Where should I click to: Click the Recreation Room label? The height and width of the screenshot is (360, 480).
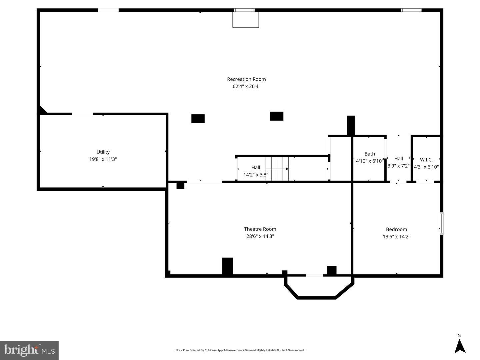click(x=246, y=79)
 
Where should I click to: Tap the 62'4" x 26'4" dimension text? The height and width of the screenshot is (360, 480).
click(x=246, y=87)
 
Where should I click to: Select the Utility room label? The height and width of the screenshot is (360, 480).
click(x=103, y=152)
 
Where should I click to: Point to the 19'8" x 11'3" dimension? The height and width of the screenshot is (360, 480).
click(x=103, y=159)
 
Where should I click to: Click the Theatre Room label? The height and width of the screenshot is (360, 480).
click(x=260, y=229)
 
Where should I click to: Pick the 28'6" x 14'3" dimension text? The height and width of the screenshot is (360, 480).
click(x=260, y=236)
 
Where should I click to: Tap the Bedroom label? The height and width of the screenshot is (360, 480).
click(x=396, y=229)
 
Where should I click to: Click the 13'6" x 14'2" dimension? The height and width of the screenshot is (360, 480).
click(x=396, y=237)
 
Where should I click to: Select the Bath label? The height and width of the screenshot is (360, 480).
click(x=369, y=154)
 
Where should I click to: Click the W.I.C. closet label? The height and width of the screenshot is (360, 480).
click(x=426, y=160)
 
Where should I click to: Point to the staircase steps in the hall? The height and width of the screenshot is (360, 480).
click(x=277, y=169)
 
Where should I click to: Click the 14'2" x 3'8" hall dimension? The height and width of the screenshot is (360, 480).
click(x=256, y=175)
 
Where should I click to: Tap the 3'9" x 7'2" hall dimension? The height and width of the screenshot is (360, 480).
click(x=398, y=166)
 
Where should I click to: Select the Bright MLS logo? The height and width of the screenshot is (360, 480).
click(x=29, y=350)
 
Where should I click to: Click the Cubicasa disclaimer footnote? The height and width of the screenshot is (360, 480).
click(x=240, y=350)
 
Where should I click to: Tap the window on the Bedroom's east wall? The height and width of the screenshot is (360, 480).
click(x=441, y=223)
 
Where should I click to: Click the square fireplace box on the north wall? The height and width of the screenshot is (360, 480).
click(x=245, y=20)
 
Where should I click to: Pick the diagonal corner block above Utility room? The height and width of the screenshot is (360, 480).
click(x=42, y=110)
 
